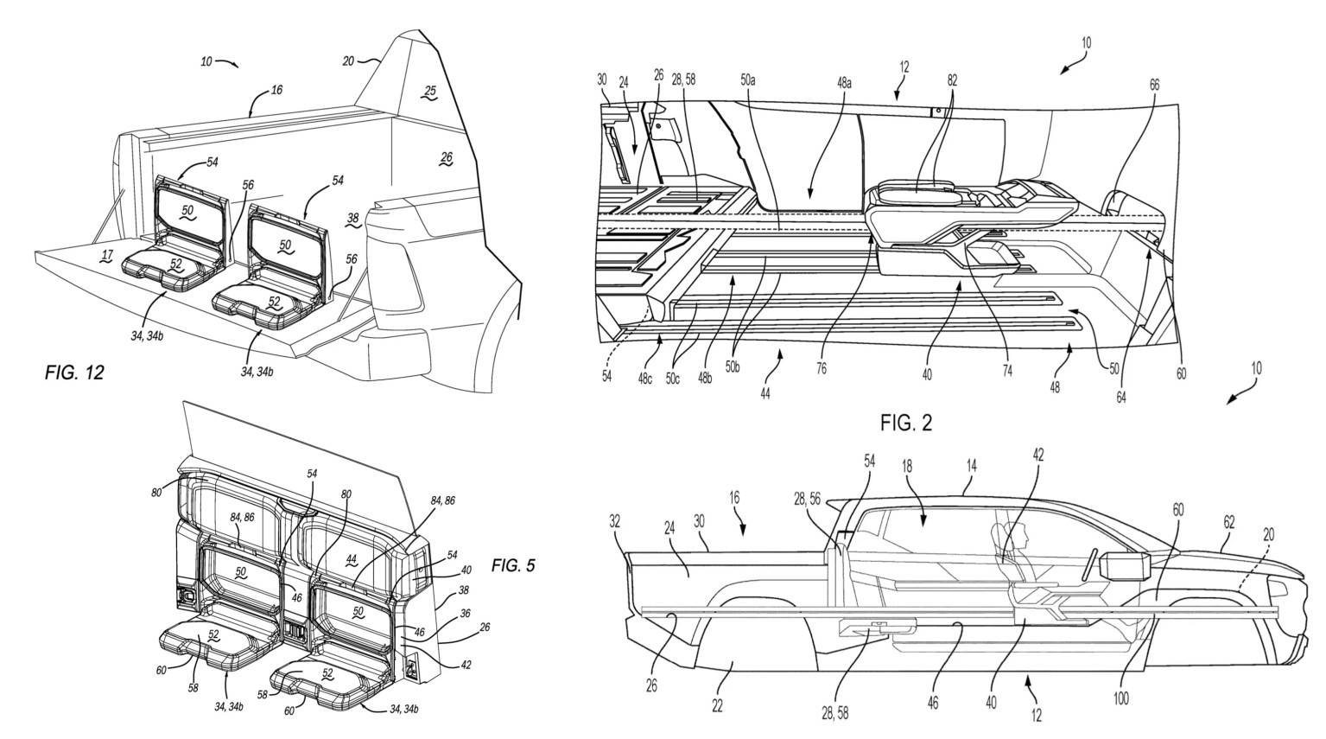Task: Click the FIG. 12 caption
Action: click(74, 373)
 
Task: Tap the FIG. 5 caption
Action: click(513, 565)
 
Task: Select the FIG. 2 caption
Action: click(906, 423)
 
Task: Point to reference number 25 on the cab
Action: click(429, 92)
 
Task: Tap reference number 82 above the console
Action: click(951, 80)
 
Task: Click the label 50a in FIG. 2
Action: click(748, 80)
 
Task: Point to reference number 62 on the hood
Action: click(1228, 521)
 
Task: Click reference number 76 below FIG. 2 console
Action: click(821, 367)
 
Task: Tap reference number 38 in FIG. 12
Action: click(352, 220)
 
